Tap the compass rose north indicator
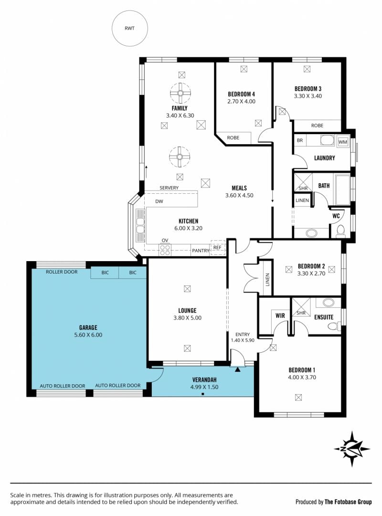point(352,449)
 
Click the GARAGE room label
point(88,327)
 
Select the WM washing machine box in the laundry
point(343,141)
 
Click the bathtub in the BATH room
point(343,190)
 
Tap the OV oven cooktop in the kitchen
point(165,250)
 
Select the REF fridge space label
point(217,247)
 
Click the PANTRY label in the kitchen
point(201,251)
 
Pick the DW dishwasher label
point(159,201)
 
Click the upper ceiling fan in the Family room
point(180,93)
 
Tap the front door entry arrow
point(238,369)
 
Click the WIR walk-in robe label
point(280,316)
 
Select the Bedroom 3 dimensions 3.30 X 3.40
point(308,96)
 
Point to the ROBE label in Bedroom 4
point(233,137)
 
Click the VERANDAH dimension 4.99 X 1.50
point(204,387)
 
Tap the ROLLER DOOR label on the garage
point(62,272)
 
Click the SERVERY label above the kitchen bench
point(169,188)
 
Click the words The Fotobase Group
point(348,502)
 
